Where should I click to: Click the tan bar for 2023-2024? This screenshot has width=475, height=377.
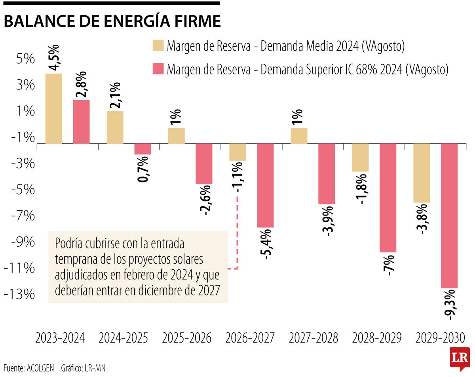pyautogui.click(x=54, y=108)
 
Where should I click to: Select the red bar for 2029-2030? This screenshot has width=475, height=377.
pyautogui.click(x=449, y=216)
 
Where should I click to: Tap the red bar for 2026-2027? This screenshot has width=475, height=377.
pyautogui.click(x=265, y=186)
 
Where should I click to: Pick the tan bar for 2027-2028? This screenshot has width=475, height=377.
pyautogui.click(x=299, y=136)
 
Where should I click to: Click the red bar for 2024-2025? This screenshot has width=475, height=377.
pyautogui.click(x=142, y=149)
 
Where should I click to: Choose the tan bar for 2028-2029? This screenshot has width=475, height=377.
pyautogui.click(x=360, y=157)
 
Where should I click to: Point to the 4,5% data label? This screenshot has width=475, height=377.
pyautogui.click(x=54, y=58)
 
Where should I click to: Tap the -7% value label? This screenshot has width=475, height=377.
pyautogui.click(x=388, y=265)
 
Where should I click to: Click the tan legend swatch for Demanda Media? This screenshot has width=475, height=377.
pyautogui.click(x=158, y=46)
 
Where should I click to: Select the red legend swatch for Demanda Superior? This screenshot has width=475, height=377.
pyautogui.click(x=158, y=69)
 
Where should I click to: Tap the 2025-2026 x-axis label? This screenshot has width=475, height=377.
pyautogui.click(x=187, y=339)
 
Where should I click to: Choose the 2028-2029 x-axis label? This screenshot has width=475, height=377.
pyautogui.click(x=376, y=339)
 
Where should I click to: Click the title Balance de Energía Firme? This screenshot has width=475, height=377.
pyautogui.click(x=112, y=21)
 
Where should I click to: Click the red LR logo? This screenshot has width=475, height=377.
pyautogui.click(x=460, y=358)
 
